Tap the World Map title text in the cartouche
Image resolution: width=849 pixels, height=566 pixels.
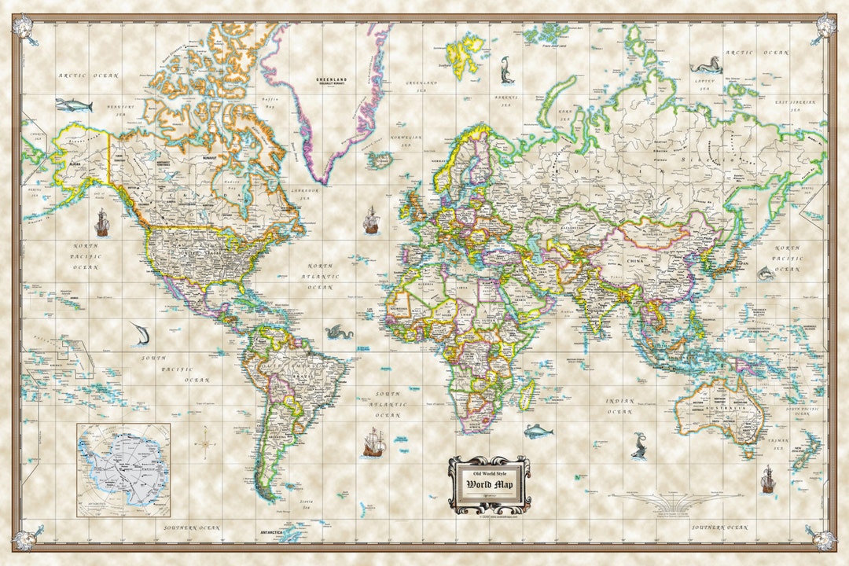[488, 483]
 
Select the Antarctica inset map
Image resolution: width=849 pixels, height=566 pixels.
[123, 469]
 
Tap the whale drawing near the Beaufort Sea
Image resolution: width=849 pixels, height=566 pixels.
[73, 105]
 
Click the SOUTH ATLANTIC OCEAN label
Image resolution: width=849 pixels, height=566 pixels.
[388, 404]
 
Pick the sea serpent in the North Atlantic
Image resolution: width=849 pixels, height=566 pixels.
[338, 333]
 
